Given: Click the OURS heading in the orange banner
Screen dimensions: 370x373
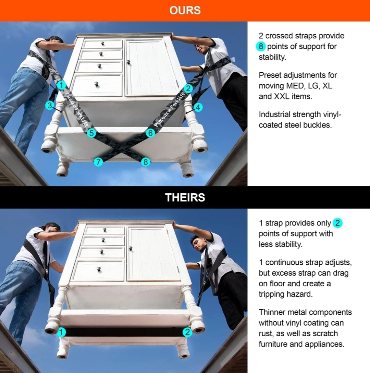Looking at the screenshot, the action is coord(185,11).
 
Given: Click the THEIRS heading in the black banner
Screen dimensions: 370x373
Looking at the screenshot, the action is coord(185,197).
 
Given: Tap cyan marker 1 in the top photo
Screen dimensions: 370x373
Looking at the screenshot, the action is coord(62,85).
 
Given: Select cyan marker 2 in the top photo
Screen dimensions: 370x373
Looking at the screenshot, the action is coord(188,88).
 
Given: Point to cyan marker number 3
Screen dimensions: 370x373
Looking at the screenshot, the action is coord(50,105).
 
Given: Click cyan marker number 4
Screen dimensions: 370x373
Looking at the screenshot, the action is coord(198,107).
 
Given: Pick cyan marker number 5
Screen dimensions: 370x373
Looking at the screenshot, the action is coord(91,133).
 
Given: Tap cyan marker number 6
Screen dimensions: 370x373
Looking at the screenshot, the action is coord(150,133).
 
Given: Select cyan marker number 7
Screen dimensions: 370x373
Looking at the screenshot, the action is coord(98,162).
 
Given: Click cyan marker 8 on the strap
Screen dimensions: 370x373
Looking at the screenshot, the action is coord(146,162).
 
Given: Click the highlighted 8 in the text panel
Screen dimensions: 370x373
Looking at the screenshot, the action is coord(261,46).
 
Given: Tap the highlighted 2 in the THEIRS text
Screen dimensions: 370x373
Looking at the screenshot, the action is coord(337,223).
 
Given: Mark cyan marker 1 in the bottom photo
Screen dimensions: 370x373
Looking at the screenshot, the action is coord(61,332).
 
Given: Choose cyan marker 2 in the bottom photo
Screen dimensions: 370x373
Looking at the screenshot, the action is coord(187,332).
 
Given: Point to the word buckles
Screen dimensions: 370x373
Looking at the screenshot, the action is coord(319,125).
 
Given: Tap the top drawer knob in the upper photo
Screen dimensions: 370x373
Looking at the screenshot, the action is coord(102,43).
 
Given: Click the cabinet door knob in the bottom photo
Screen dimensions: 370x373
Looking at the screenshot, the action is coord(130,249).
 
